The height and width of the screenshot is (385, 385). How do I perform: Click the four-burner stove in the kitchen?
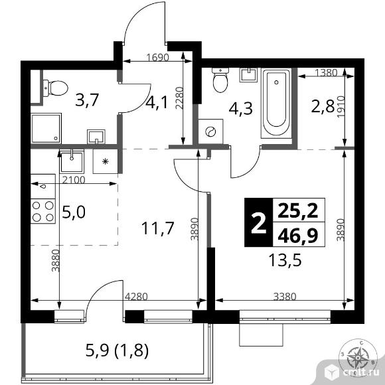coord(43,210)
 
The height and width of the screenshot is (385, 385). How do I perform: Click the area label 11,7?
coord(157,228)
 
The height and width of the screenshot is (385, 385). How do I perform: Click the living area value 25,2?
coord(297,212)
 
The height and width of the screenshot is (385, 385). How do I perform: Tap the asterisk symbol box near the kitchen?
coord(104,161)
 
